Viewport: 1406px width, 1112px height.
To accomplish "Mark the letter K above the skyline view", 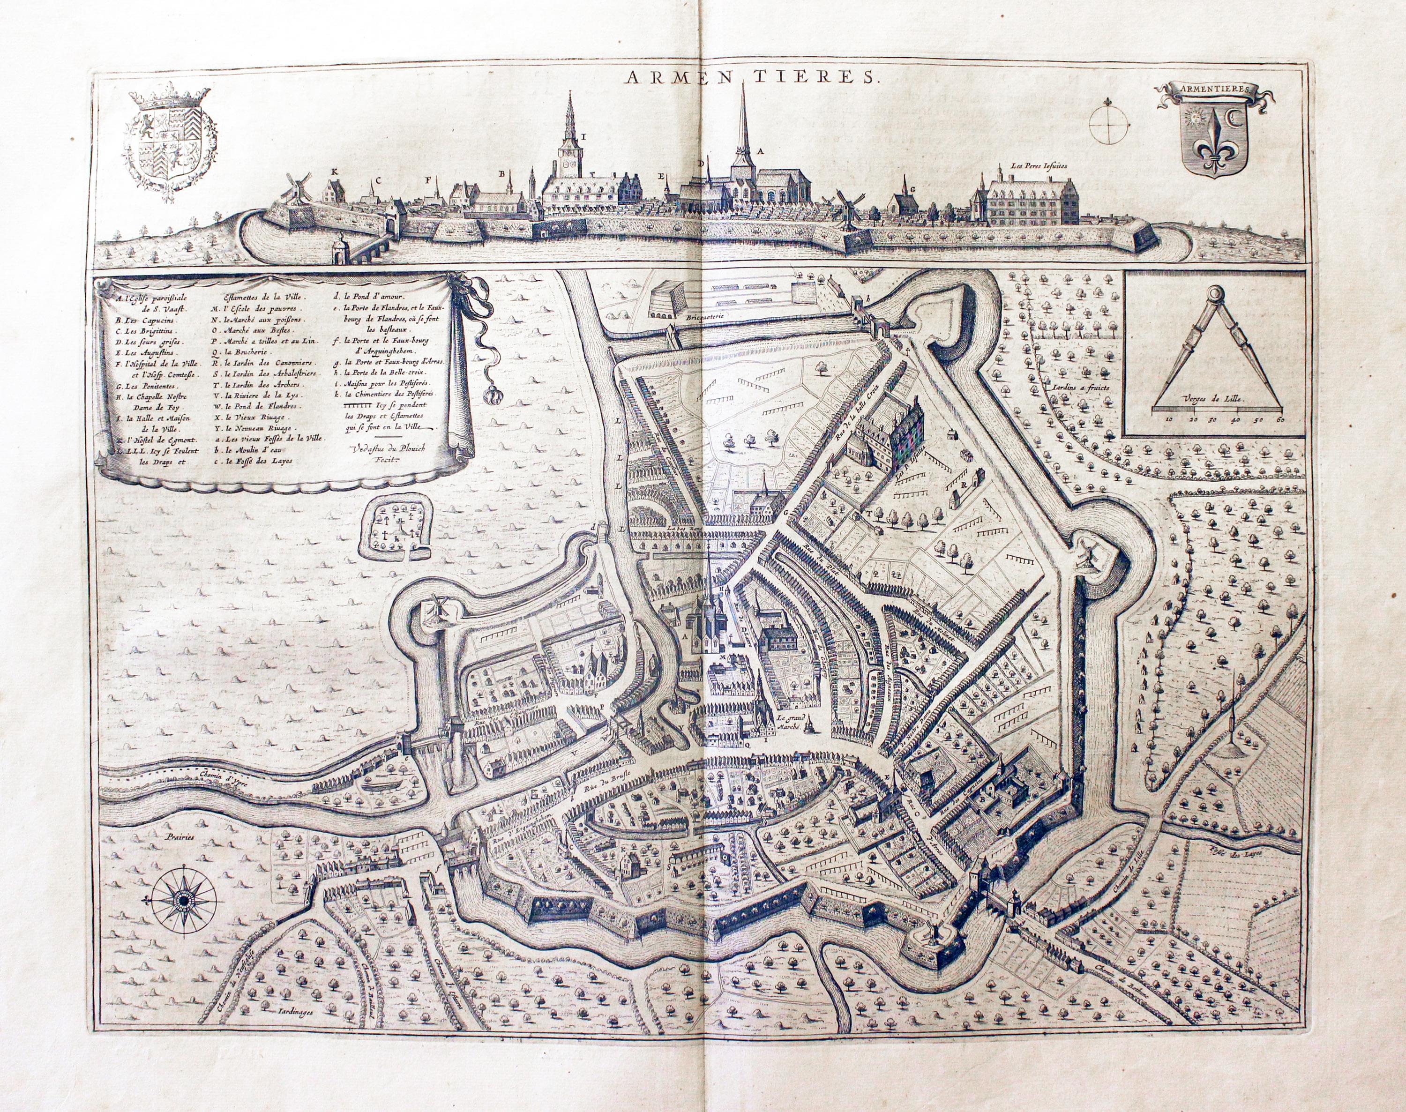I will (x=334, y=171).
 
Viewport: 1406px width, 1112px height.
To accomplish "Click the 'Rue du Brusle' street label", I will (x=600, y=786).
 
